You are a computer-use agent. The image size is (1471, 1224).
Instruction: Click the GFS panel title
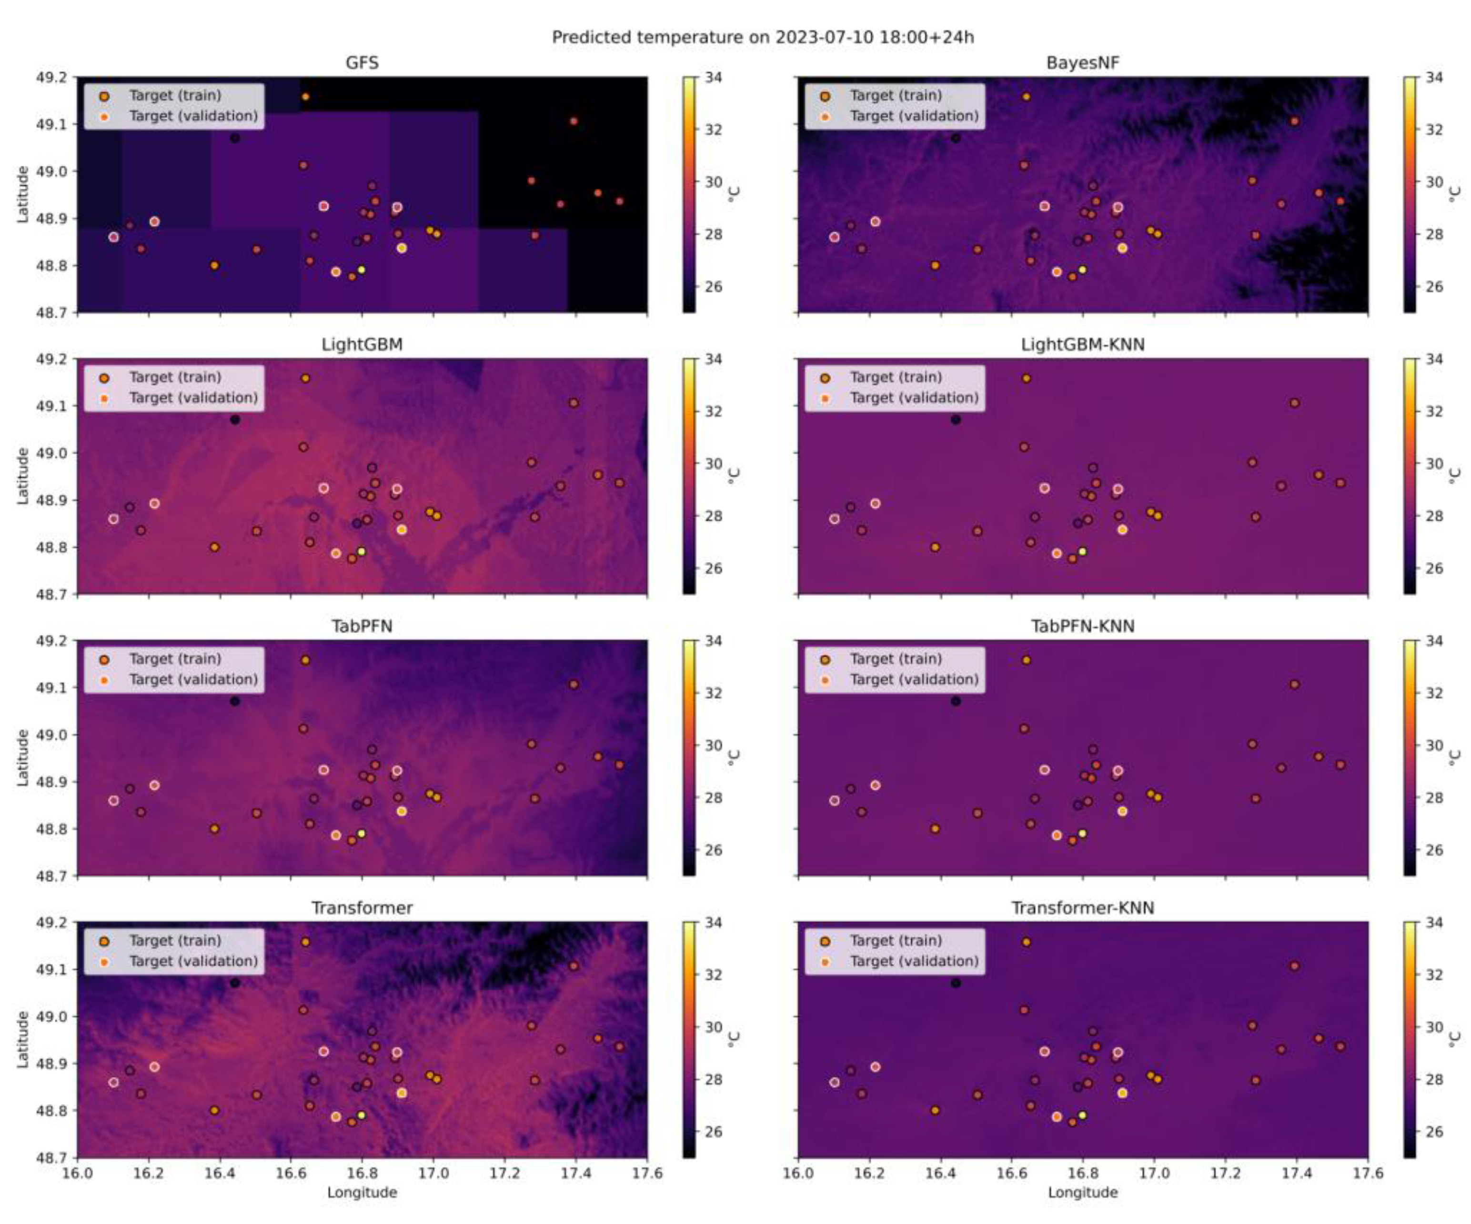[362, 63]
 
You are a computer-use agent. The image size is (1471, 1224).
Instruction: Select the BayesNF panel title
[1082, 63]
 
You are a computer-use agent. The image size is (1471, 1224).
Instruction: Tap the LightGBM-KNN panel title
[1082, 344]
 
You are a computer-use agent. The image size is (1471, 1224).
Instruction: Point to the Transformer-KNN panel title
[1082, 908]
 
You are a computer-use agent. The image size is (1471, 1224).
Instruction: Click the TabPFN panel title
[362, 626]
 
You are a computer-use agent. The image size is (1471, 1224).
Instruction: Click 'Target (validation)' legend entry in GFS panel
[192, 116]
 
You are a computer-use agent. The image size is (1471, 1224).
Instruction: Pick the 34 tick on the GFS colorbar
[713, 77]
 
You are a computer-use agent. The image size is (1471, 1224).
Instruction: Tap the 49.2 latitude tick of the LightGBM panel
[52, 359]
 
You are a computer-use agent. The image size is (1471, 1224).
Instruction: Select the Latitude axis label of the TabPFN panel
[22, 758]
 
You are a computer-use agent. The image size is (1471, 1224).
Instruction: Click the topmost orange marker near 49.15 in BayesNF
[1026, 97]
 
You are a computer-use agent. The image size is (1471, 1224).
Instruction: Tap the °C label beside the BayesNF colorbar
[1455, 194]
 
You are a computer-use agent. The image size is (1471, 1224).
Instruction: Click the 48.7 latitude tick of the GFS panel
[52, 312]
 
